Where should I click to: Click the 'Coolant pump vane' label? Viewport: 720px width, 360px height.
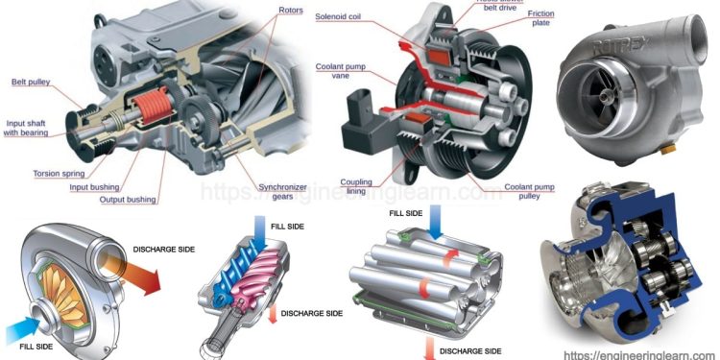338,72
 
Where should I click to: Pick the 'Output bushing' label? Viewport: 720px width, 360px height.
129,200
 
